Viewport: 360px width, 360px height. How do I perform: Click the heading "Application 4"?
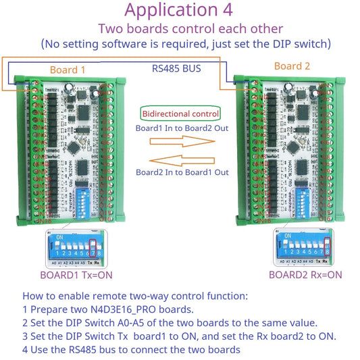tap(179, 10)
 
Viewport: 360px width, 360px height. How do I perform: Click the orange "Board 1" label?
tap(68, 70)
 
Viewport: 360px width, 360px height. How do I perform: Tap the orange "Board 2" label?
tap(292, 66)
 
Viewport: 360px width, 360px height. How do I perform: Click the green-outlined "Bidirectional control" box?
tap(179, 113)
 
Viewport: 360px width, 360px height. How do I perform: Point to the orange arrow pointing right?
tap(180, 142)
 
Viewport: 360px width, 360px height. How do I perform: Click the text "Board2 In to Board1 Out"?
tap(182, 172)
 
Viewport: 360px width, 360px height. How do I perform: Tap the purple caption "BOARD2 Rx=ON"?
tap(305, 275)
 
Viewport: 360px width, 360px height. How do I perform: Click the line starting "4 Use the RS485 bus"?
tap(131, 349)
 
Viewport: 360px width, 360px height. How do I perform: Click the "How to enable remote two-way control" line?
tap(135, 296)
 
